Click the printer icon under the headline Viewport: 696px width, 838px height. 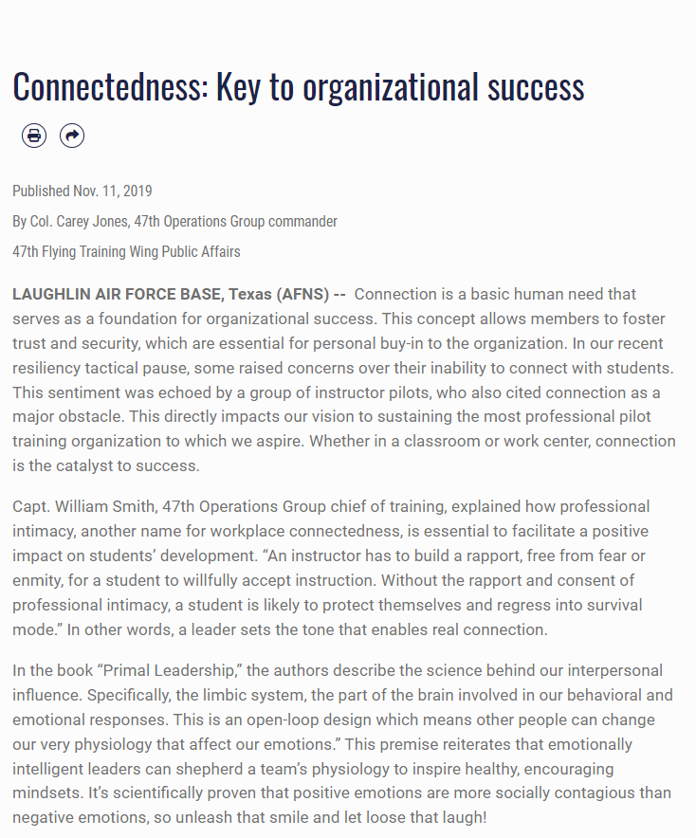[x=34, y=136]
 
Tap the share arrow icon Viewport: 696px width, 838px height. [x=72, y=136]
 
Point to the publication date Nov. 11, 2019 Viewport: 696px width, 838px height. [x=113, y=191]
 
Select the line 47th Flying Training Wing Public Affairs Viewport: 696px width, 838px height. [x=126, y=251]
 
